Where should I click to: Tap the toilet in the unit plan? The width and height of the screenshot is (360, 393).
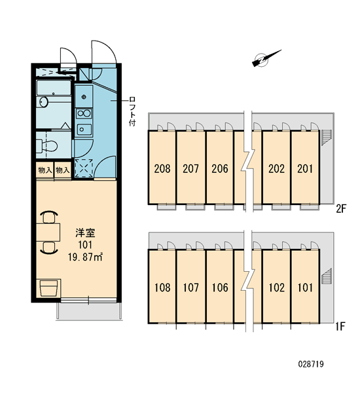pyautogui.click(x=47, y=145)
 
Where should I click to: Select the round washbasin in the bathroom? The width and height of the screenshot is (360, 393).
pyautogui.click(x=44, y=102)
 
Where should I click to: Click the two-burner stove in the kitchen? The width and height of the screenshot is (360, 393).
pyautogui.click(x=84, y=113)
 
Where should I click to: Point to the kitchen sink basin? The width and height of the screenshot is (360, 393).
pyautogui.click(x=84, y=129)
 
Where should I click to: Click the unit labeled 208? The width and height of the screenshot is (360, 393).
pyautogui.click(x=162, y=169)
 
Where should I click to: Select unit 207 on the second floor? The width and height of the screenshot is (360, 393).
pyautogui.click(x=190, y=169)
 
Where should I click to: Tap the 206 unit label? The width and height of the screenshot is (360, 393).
pyautogui.click(x=220, y=169)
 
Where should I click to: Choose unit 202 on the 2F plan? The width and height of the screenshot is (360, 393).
pyautogui.click(x=277, y=169)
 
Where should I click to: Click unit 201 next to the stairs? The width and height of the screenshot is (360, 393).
pyautogui.click(x=305, y=169)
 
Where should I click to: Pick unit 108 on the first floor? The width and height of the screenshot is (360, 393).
pyautogui.click(x=162, y=288)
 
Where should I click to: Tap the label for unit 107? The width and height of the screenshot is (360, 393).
pyautogui.click(x=191, y=288)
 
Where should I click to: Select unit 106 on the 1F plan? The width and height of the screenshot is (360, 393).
pyautogui.click(x=220, y=288)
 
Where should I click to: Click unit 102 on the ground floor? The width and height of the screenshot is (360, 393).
pyautogui.click(x=277, y=288)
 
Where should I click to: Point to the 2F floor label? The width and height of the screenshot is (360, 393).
pyautogui.click(x=341, y=208)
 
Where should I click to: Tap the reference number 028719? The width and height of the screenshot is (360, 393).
pyautogui.click(x=311, y=364)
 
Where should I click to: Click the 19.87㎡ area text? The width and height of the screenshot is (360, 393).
pyautogui.click(x=85, y=257)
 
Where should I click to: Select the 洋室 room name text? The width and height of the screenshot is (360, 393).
pyautogui.click(x=85, y=233)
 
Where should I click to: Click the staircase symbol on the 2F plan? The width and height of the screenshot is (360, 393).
pyautogui.click(x=326, y=138)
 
